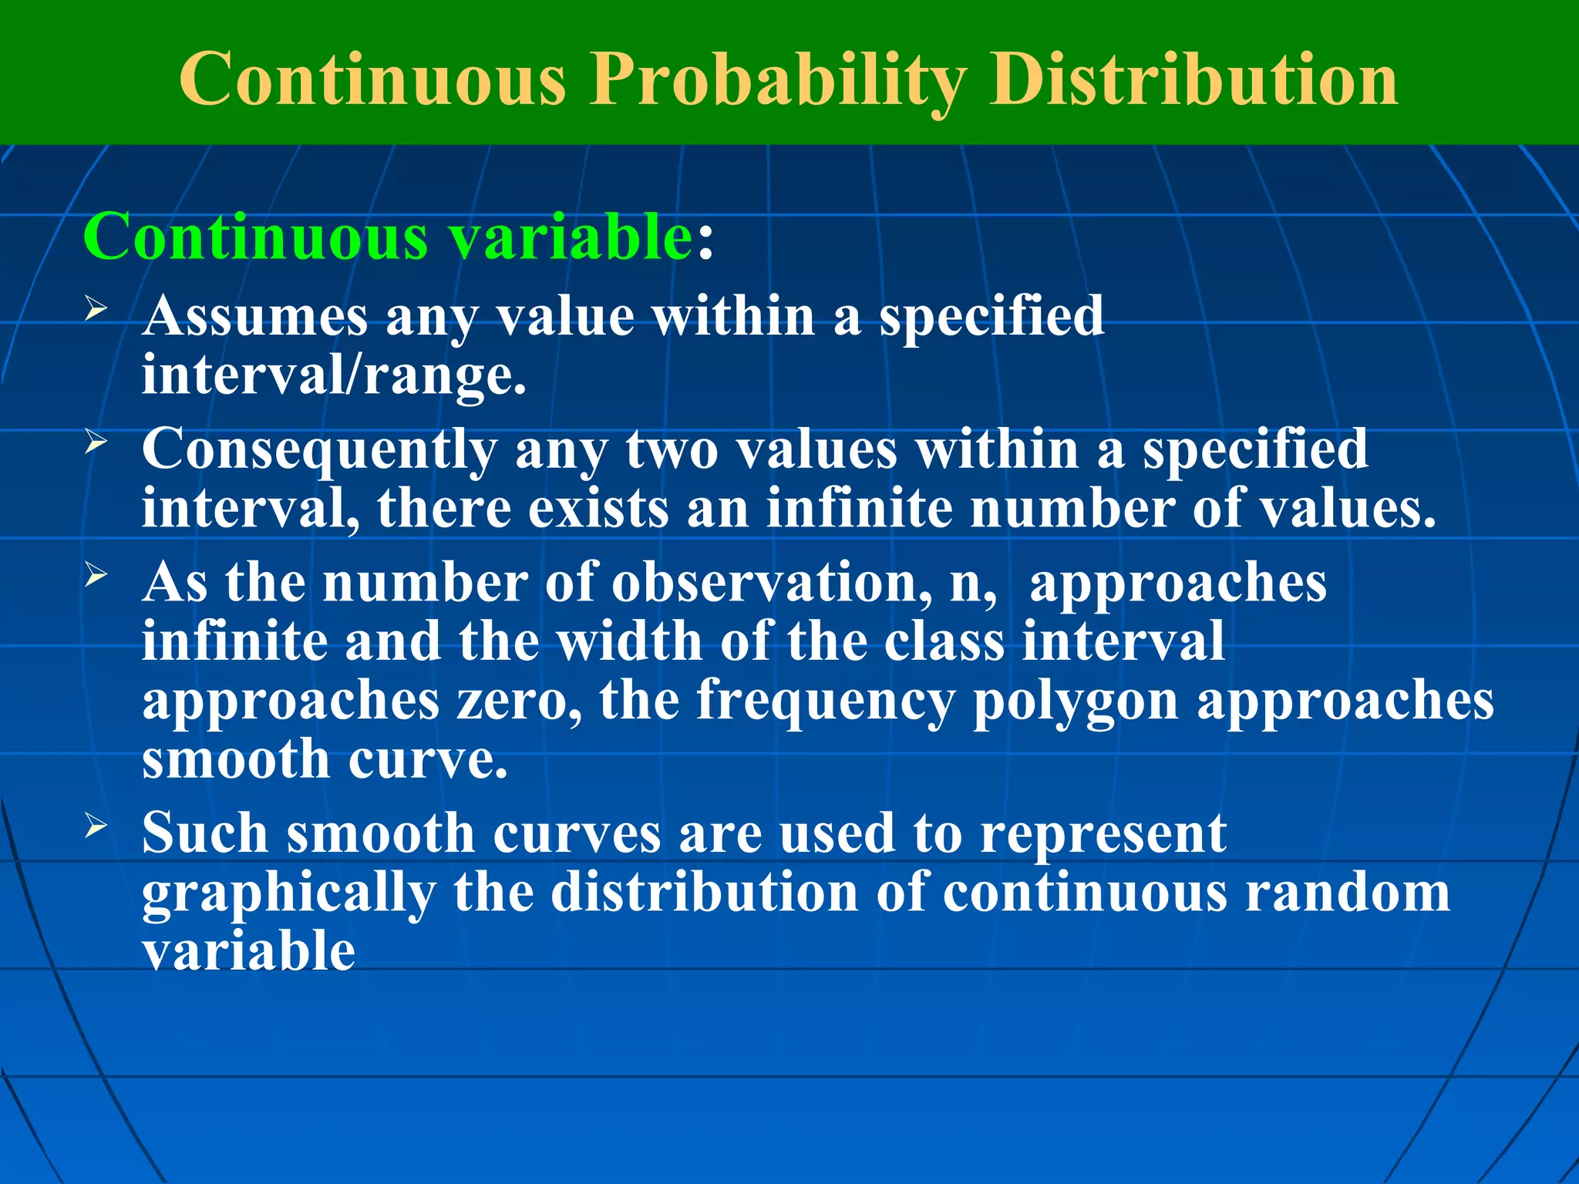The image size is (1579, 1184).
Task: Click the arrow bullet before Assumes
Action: pyautogui.click(x=96, y=311)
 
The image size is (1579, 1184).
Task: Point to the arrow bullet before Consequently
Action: pyautogui.click(x=96, y=443)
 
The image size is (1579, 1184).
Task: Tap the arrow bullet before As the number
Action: pyautogui.click(x=96, y=575)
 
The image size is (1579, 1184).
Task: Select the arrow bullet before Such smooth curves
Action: pyautogui.click(x=96, y=826)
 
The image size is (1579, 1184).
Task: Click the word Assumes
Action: pyautogui.click(x=255, y=316)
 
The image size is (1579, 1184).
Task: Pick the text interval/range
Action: pyautogui.click(x=334, y=376)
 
